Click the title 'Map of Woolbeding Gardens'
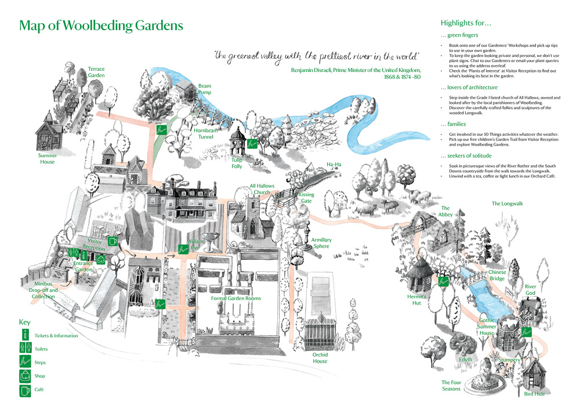pyautogui.click(x=101, y=26)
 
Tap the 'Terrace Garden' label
pyautogui.click(x=96, y=72)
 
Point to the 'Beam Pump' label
pyautogui.click(x=205, y=89)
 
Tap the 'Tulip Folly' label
pyautogui.click(x=237, y=163)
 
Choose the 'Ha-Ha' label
pyautogui.click(x=334, y=164)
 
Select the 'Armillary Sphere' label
pyautogui.click(x=321, y=243)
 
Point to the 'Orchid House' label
pyautogui.click(x=320, y=358)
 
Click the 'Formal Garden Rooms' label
pyautogui.click(x=235, y=298)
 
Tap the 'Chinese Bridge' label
pyautogui.click(x=497, y=275)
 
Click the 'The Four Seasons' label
pyautogui.click(x=451, y=385)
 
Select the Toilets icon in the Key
pyautogui.click(x=25, y=349)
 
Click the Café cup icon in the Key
pyautogui.click(x=25, y=390)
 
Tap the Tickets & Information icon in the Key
pyautogui.click(x=25, y=335)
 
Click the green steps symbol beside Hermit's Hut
pyautogui.click(x=444, y=281)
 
